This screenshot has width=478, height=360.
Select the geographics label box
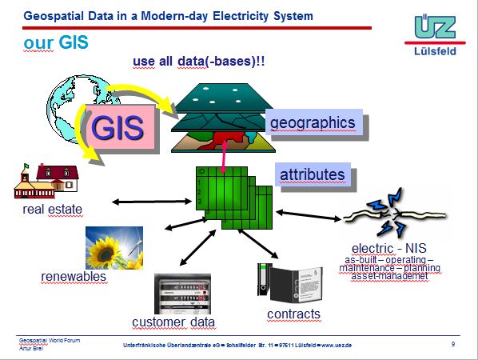click(x=311, y=123)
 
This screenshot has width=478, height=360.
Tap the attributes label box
click(x=312, y=174)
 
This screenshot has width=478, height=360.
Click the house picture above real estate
click(x=46, y=182)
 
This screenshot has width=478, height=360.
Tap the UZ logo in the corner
click(x=435, y=27)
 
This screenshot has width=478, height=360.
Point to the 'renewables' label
click(x=74, y=277)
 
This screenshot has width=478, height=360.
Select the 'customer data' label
click(x=173, y=322)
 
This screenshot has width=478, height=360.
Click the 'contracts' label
click(x=293, y=314)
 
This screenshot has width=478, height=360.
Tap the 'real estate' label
click(x=52, y=210)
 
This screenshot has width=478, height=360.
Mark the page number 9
click(x=453, y=343)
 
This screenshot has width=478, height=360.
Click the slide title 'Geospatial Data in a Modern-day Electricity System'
click(x=169, y=15)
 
